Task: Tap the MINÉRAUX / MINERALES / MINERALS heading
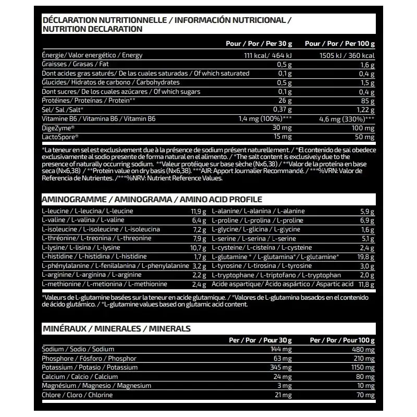[x=116, y=328]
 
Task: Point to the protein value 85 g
[x=368, y=101]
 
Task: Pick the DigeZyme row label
[x=58, y=128]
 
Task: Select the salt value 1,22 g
[x=364, y=109]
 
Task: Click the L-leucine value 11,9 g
[x=199, y=211]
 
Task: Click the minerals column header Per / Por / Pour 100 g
[x=342, y=340]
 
